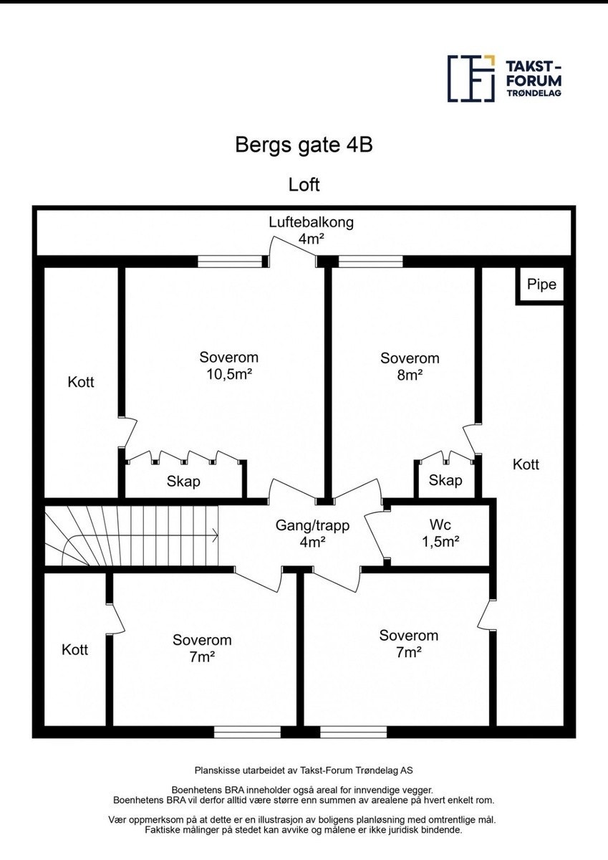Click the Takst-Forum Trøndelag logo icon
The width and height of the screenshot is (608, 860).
[x=471, y=78]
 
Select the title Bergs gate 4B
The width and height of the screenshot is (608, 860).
[x=304, y=145]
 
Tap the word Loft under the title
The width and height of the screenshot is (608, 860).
[x=304, y=184]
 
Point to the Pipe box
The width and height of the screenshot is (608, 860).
[x=541, y=285]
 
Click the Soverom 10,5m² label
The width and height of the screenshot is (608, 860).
[x=228, y=365]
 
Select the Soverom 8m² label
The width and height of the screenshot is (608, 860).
[x=410, y=365]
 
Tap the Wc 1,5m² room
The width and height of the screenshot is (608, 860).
[x=439, y=534]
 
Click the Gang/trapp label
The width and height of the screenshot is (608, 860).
[x=312, y=533]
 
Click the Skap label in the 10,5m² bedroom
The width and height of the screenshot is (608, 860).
[x=183, y=481]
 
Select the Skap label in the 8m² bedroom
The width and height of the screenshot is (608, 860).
[x=445, y=480]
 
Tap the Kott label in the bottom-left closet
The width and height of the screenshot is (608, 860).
[x=74, y=649]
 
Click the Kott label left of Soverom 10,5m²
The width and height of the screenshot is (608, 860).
[x=81, y=382]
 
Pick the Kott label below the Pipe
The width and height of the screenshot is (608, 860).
[x=526, y=464]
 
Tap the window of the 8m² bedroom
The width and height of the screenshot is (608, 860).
[x=371, y=262]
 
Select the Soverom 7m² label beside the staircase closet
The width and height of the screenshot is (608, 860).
[x=202, y=648]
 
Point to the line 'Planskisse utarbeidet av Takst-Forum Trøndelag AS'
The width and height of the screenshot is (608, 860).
[x=304, y=770]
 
